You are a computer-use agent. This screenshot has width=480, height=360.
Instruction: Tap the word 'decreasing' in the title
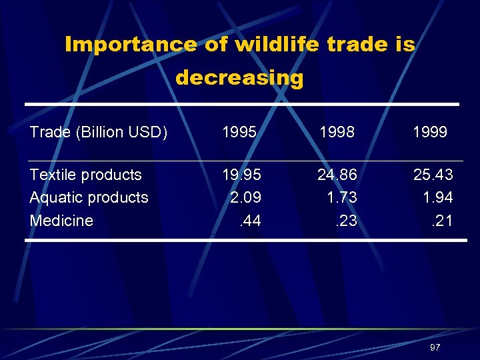[239, 78]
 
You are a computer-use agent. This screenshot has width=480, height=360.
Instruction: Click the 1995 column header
[239, 132]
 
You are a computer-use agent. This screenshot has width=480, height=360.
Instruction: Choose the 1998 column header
[337, 132]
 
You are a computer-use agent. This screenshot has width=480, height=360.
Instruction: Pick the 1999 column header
[430, 132]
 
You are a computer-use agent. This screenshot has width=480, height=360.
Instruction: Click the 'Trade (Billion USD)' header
[99, 132]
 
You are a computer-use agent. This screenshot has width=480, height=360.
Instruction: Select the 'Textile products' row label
[86, 175]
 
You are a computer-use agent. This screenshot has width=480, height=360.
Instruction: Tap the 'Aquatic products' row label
[89, 197]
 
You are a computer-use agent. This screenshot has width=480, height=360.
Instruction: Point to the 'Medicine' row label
[61, 220]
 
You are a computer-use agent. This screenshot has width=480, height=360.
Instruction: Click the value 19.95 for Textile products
[241, 175]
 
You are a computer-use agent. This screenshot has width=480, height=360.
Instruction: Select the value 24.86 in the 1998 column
[337, 175]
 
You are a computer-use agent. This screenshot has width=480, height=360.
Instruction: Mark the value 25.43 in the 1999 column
[433, 175]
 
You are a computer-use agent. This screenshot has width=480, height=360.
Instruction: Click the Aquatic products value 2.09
[245, 197]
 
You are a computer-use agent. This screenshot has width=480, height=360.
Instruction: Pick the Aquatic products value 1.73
[341, 197]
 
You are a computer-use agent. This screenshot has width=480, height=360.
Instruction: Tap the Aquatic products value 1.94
[437, 197]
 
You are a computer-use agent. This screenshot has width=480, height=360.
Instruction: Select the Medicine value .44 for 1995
[249, 220]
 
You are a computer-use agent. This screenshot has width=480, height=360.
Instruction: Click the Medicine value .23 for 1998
[345, 220]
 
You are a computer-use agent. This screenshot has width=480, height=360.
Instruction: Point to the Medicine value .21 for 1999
[441, 220]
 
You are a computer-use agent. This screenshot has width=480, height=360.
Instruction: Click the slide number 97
[435, 347]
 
